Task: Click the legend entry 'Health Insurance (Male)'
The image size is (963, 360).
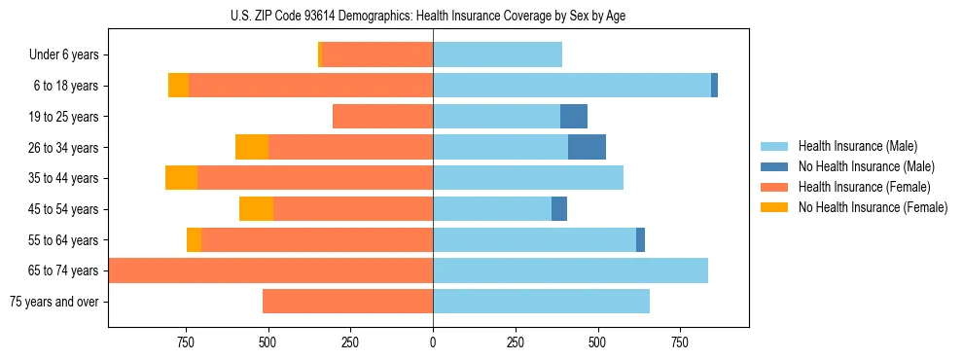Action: (857, 146)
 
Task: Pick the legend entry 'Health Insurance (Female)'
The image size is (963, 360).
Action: (864, 187)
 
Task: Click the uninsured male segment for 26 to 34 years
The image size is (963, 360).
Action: (587, 148)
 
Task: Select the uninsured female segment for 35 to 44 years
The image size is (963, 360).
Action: (181, 178)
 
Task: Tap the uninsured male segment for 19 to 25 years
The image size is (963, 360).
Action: (574, 117)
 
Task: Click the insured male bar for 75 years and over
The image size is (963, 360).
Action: (541, 302)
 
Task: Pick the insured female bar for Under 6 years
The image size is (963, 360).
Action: (377, 55)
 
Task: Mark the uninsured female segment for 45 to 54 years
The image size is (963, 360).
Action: (256, 209)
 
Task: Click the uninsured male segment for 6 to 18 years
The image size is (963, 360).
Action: (714, 86)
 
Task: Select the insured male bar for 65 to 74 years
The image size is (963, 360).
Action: (570, 270)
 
